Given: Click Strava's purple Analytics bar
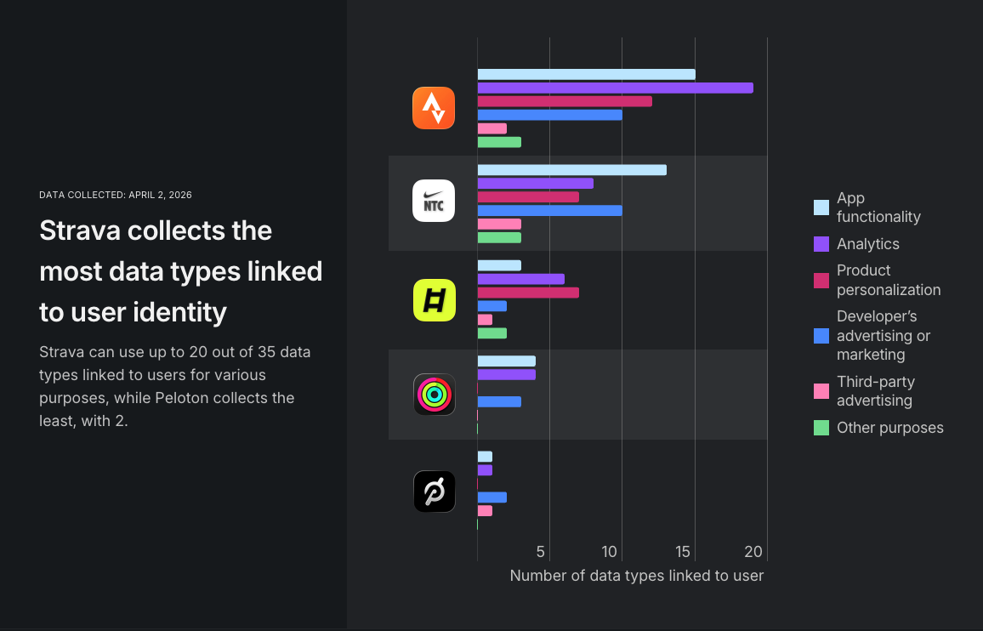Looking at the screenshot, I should coord(615,88).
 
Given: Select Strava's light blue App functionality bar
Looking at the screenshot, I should coord(586,74).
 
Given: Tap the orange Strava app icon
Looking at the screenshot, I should coord(434,108).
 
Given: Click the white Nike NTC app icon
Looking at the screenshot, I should coord(434,201).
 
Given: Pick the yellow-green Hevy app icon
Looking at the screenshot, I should coord(434,300).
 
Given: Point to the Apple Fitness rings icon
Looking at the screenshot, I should coord(434,395).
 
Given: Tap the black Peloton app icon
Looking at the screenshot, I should coord(434,492).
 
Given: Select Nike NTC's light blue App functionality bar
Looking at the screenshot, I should coord(571,170).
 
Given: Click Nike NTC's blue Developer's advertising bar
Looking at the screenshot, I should coord(549,210).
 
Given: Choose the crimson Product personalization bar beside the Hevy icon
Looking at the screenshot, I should coord(528,293).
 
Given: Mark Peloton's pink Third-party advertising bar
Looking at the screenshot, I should coord(485,511).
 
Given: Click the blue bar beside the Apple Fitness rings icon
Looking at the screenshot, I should coord(499,401).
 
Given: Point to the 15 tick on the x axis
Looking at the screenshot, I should coord(682,552).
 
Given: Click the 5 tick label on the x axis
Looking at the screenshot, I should coord(541,552).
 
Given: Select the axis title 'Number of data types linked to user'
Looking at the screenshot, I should coord(636,576).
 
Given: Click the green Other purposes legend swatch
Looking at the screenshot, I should coord(821,428).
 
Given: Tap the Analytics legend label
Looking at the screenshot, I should coord(867,244).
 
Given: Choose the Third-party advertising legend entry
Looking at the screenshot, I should coord(875,391).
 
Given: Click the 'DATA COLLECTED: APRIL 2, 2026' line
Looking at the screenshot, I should coord(116,195).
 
